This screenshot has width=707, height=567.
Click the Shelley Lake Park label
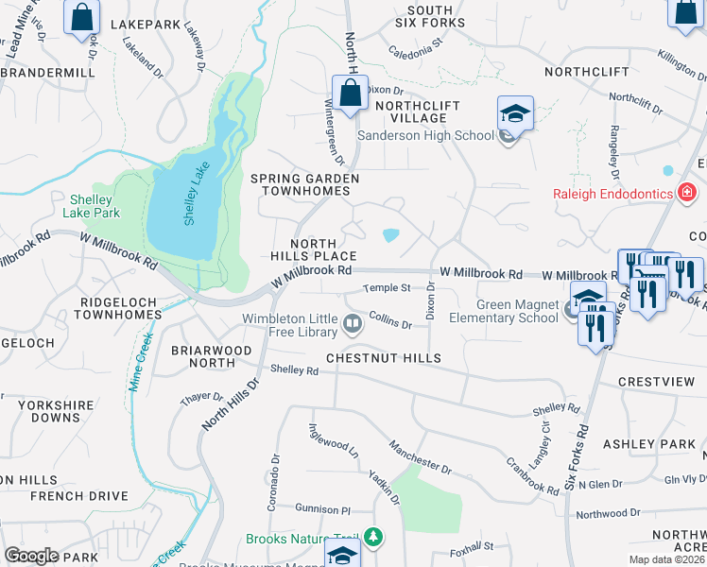pyautogui.click(x=95, y=206)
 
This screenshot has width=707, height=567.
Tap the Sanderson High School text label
pyautogui.click(x=425, y=135)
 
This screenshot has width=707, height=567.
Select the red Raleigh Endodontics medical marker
pyautogui.click(x=687, y=195)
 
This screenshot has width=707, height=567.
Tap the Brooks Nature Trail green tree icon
pyautogui.click(x=375, y=538)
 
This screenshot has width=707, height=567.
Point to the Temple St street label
pyautogui.click(x=388, y=287)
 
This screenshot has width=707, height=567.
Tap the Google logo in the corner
pyautogui.click(x=30, y=556)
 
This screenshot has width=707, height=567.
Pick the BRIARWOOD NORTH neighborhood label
pyautogui.click(x=211, y=356)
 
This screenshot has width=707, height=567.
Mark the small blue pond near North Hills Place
pyautogui.click(x=390, y=235)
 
